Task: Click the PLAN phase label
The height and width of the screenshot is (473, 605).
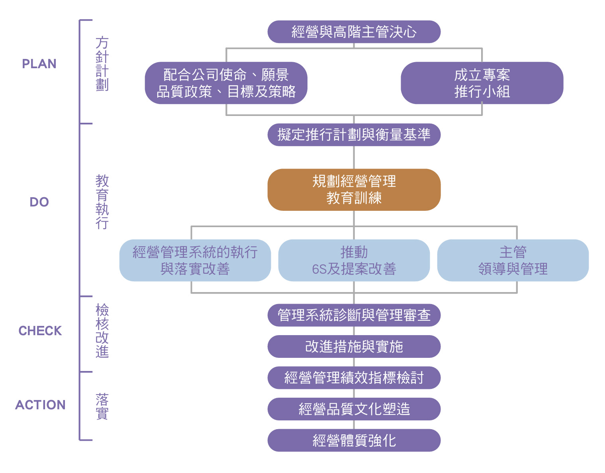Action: click(39, 64)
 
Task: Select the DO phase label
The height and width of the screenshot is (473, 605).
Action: click(39, 202)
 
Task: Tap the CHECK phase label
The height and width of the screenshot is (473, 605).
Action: click(40, 331)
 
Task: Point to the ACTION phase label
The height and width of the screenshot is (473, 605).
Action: click(40, 405)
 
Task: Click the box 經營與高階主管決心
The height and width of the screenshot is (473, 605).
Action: click(354, 32)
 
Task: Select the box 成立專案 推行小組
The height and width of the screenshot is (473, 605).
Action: click(482, 83)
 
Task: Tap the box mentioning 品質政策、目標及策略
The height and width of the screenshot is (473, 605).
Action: click(226, 83)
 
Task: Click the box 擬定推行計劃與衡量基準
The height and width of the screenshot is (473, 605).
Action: click(354, 135)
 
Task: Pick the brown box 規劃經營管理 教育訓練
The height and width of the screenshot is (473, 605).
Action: click(354, 190)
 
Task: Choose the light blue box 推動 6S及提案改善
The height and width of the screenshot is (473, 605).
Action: click(354, 260)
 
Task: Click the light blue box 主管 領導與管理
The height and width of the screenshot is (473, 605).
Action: click(513, 260)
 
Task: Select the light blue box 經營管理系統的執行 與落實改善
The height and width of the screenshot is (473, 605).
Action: click(195, 260)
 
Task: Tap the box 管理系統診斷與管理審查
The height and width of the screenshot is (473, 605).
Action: click(354, 315)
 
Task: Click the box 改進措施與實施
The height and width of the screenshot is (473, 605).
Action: click(354, 347)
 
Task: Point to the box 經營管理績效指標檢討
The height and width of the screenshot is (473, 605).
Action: click(354, 378)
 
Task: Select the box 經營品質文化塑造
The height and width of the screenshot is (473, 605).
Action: click(354, 409)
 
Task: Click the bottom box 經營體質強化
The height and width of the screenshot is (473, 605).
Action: click(354, 440)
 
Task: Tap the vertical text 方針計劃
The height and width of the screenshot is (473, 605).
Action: click(102, 64)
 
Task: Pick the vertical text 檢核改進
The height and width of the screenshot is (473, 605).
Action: click(102, 331)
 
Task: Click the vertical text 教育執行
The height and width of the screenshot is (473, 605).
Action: click(102, 202)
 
